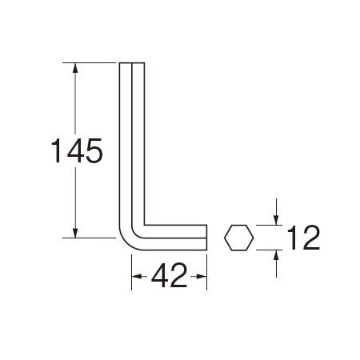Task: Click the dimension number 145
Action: tap(77, 150)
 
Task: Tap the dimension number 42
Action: tap(169, 275)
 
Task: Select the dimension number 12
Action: tap(303, 238)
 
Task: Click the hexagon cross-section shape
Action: tap(238, 238)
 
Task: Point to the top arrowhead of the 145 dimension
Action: tap(75, 68)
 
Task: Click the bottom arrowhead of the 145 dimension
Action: tap(75, 233)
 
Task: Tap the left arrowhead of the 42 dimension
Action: tap(137, 277)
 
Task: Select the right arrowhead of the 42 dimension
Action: tap(202, 277)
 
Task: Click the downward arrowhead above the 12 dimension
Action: tap(276, 220)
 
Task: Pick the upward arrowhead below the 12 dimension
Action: tap(276, 255)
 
